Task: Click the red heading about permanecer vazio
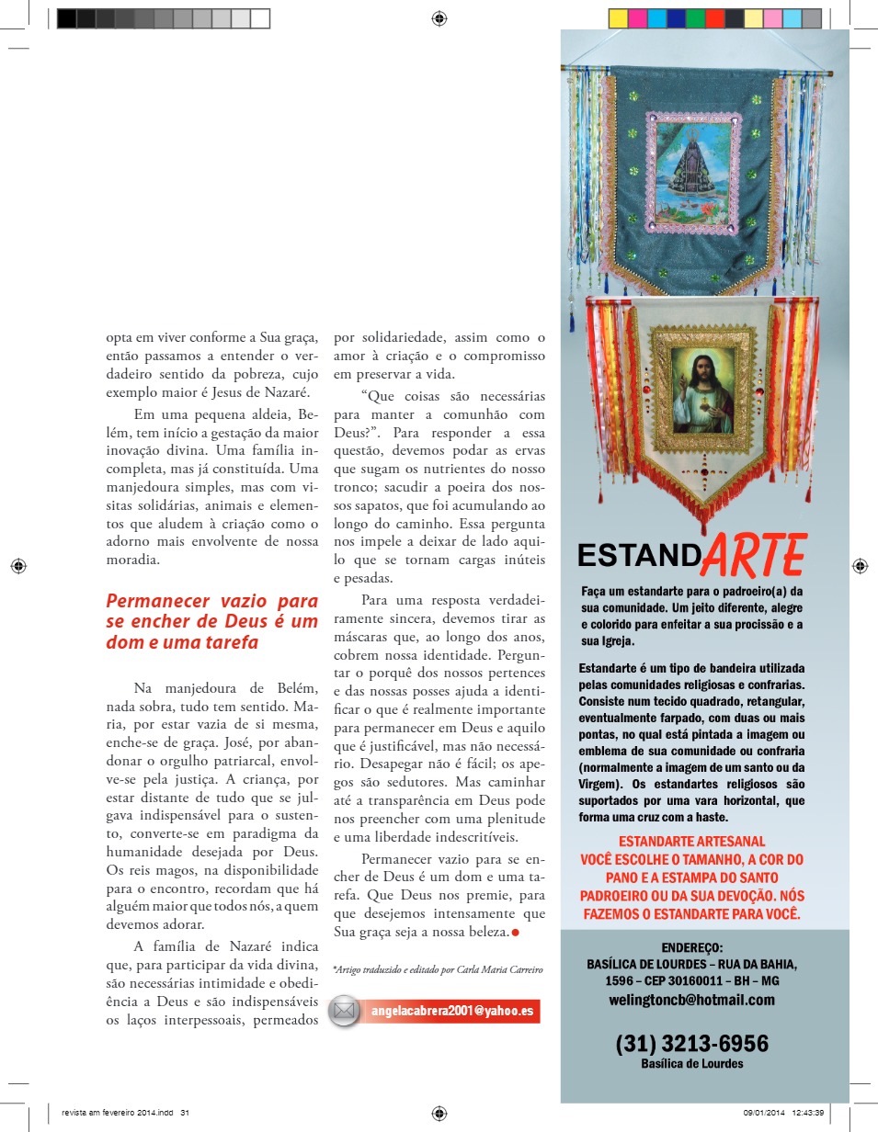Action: (x=211, y=622)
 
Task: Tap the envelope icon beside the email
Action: (x=345, y=1011)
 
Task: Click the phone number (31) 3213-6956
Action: (x=692, y=1044)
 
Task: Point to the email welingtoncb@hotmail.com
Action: (x=692, y=1000)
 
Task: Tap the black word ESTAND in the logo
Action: (x=639, y=556)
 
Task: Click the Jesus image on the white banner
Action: (x=701, y=390)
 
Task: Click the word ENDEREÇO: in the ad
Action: (x=692, y=948)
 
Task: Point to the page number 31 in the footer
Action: (x=185, y=1113)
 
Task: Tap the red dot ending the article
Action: (x=515, y=933)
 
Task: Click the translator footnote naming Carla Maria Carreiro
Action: (x=438, y=969)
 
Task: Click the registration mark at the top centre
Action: (x=439, y=17)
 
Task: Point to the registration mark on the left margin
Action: (x=17, y=566)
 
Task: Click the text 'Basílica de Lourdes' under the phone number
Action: (x=692, y=1064)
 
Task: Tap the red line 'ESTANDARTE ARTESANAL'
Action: (x=691, y=841)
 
